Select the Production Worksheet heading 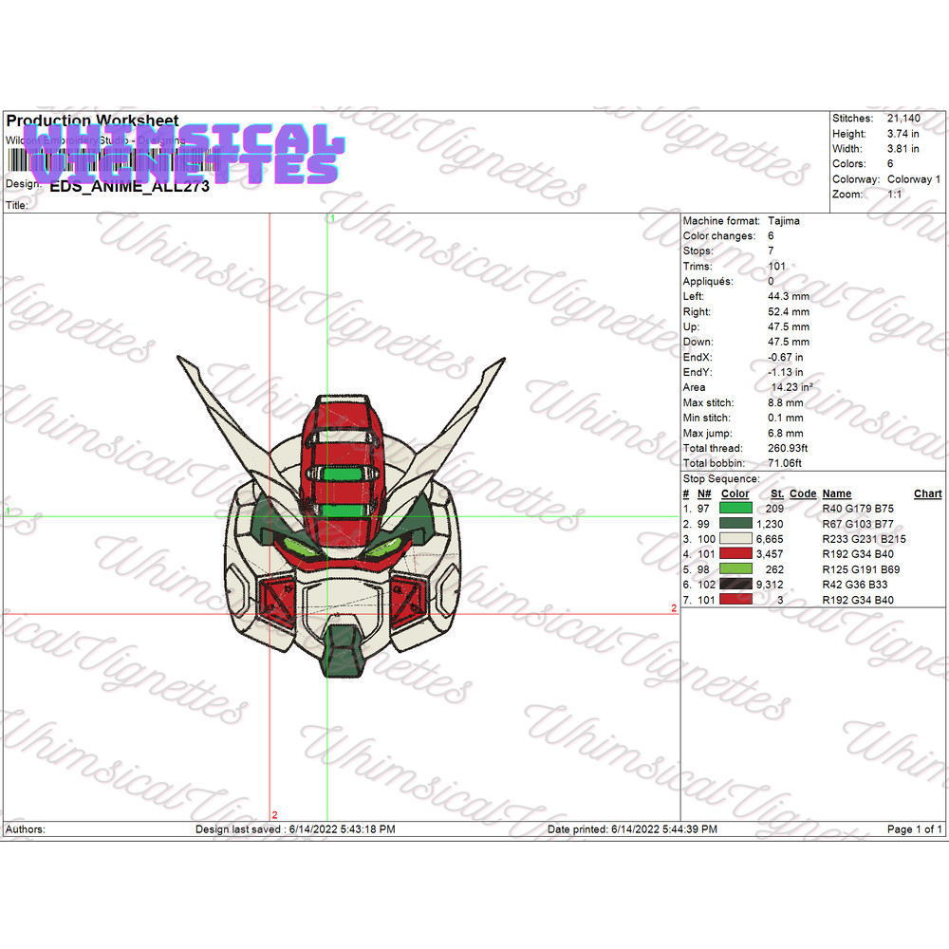[92, 121]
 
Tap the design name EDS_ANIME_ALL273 [129, 186]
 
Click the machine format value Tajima [783, 221]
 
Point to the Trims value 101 [776, 267]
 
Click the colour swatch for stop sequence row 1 [736, 509]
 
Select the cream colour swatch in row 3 [736, 539]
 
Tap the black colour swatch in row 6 [736, 585]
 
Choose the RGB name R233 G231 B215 [864, 539]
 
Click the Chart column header [927, 493]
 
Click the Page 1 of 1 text [914, 829]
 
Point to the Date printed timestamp [632, 829]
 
